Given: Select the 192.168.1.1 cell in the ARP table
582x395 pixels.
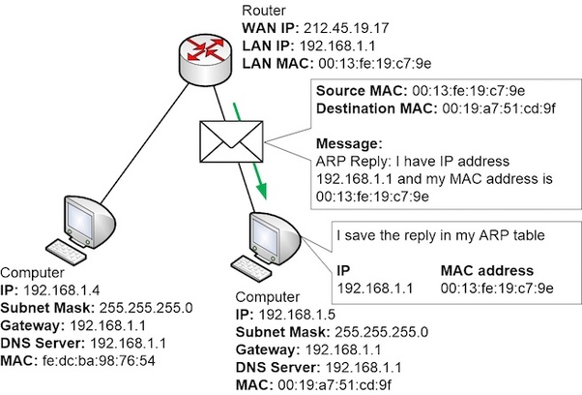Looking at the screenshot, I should tap(371, 288).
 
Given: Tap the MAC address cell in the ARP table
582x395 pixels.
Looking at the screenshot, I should tap(496, 288).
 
